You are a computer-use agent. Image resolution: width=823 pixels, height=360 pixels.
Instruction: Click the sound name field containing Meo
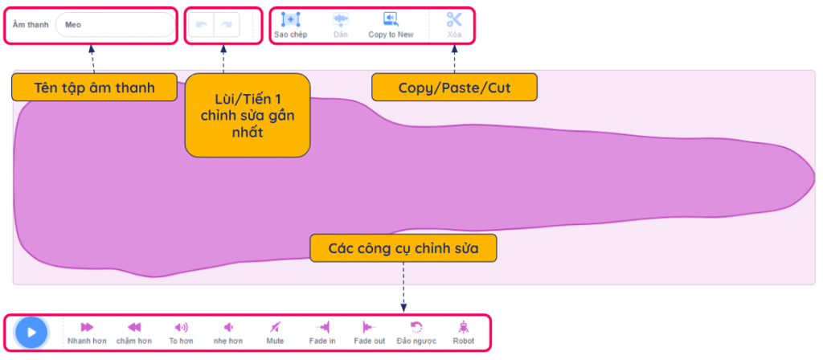[115, 25]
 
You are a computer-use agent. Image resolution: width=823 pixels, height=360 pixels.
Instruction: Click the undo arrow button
[201, 25]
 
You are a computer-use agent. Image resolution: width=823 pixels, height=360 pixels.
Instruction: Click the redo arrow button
[227, 25]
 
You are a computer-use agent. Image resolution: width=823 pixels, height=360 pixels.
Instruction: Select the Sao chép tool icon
[290, 19]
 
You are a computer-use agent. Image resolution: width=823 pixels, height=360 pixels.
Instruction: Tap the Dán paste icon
[341, 20]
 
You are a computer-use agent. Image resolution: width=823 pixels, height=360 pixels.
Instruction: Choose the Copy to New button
[391, 19]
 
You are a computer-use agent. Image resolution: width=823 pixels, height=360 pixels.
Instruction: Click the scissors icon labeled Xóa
[454, 19]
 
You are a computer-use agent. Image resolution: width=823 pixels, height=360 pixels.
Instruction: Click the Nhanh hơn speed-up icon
[87, 328]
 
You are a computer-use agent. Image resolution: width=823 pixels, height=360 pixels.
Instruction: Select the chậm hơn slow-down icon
[134, 328]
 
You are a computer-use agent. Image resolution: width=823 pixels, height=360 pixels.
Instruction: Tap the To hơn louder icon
[181, 328]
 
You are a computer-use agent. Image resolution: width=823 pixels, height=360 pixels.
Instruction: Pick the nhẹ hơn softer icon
[228, 328]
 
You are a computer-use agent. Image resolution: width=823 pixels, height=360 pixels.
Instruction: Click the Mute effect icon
[275, 328]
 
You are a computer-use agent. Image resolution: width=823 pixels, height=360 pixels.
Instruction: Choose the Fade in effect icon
[322, 328]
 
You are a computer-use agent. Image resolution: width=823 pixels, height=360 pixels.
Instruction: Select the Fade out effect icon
[369, 328]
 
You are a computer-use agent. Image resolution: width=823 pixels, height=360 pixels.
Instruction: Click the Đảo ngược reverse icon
[416, 328]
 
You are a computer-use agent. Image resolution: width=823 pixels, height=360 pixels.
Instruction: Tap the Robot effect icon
[463, 328]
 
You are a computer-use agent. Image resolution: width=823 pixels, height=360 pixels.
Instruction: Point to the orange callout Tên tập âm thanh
[95, 87]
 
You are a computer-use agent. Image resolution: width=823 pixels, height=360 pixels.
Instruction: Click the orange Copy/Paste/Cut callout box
[455, 87]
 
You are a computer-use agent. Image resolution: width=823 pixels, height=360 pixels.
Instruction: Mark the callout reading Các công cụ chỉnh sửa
[403, 247]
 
